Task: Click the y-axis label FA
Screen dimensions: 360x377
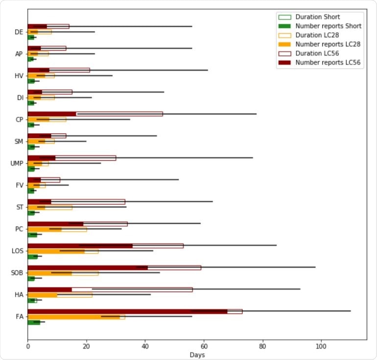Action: click(20, 317)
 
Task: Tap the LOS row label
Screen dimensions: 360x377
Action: click(18, 251)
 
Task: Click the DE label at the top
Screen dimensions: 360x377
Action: click(19, 32)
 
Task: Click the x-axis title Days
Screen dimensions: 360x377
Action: click(197, 355)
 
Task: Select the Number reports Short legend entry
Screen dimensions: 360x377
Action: click(328, 26)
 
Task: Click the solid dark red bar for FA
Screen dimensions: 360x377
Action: click(127, 311)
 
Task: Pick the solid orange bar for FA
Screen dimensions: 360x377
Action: click(73, 317)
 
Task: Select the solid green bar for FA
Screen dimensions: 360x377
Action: click(34, 322)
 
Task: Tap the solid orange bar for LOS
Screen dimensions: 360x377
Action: click(56, 251)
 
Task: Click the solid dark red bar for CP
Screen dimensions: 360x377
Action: click(52, 114)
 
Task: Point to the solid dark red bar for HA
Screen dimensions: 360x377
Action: click(49, 289)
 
